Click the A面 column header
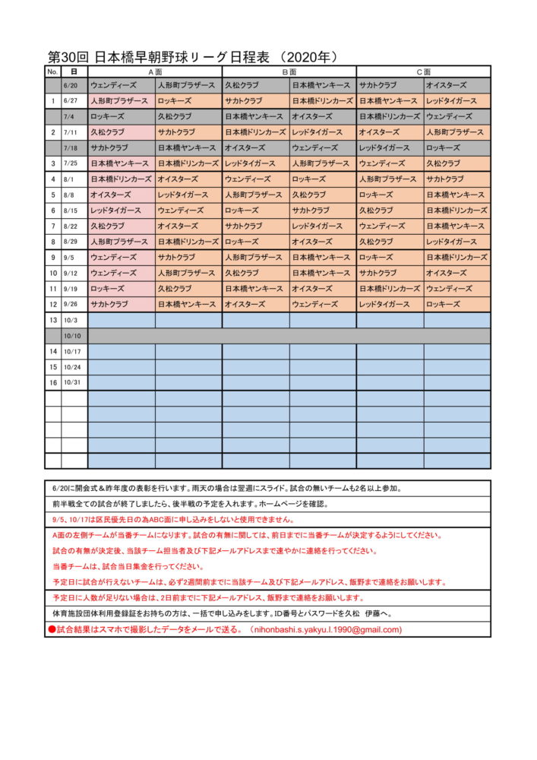[155, 71]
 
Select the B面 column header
[289, 71]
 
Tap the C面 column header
[423, 71]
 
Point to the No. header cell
[52, 71]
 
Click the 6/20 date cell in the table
[74, 85]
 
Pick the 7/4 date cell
[74, 116]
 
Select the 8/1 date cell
[74, 179]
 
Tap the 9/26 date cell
[74, 304]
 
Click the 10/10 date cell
[74, 335]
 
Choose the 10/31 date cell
[74, 382]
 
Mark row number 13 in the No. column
[53, 320]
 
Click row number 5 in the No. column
[53, 195]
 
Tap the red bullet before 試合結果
[52, 629]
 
